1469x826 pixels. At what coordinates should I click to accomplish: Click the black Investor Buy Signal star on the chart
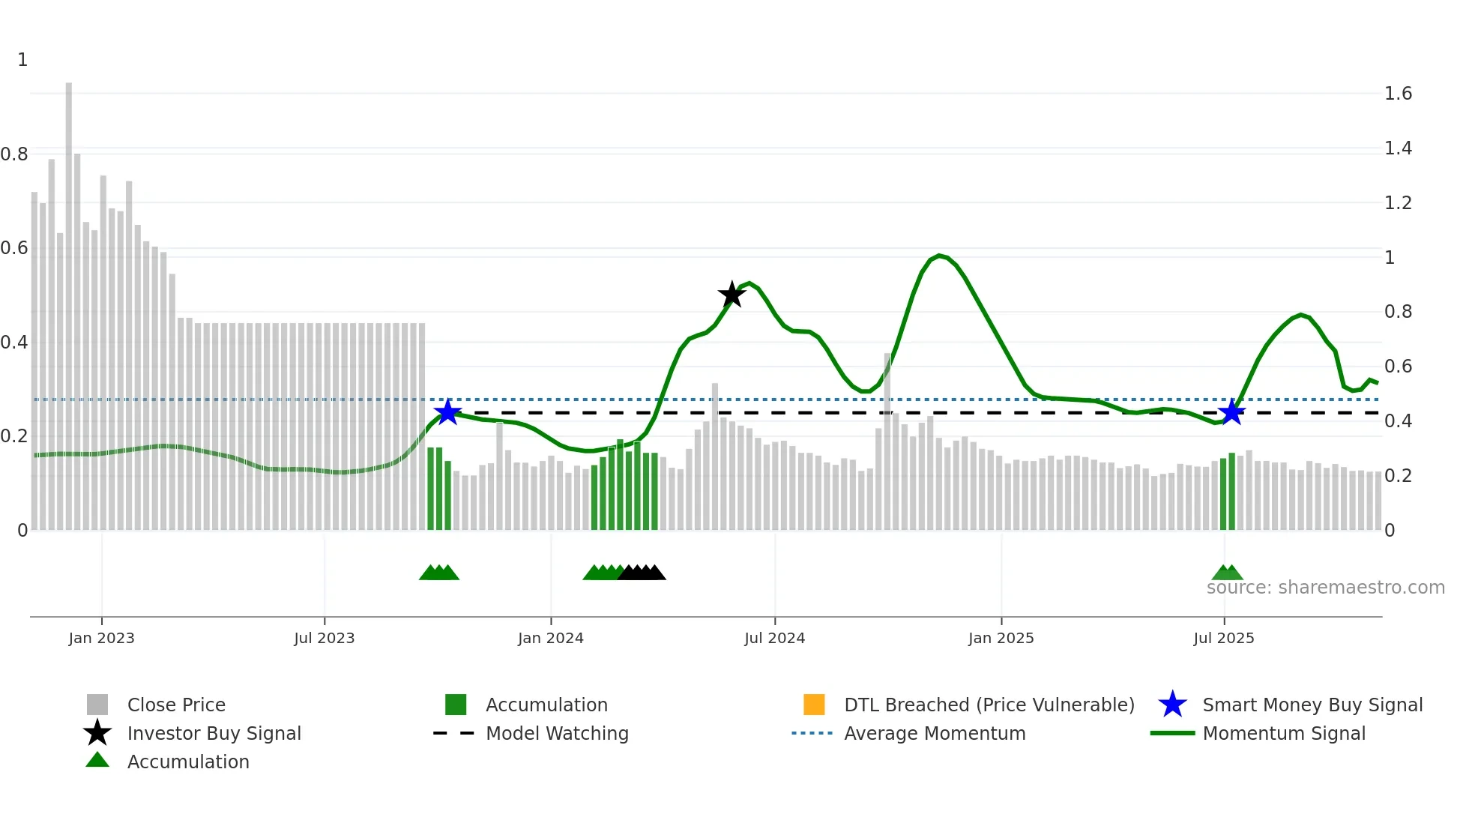732,295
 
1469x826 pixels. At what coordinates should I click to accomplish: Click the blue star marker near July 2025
1231,412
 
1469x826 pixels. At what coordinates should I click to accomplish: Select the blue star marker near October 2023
447,412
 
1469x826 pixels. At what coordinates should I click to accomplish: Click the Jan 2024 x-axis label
550,638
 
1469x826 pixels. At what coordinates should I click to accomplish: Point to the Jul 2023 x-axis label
324,638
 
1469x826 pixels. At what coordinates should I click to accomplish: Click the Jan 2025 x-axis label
1001,638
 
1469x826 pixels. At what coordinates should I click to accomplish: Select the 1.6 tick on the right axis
1398,94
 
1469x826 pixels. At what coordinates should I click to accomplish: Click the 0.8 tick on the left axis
15,154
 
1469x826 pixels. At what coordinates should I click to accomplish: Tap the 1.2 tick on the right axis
1398,203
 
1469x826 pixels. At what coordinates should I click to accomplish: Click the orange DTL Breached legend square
814,705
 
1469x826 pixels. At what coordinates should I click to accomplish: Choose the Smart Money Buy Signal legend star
1172,705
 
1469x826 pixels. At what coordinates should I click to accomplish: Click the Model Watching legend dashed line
454,733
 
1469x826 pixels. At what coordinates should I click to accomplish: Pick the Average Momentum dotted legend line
812,733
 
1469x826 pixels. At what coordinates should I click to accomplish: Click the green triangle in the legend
97,761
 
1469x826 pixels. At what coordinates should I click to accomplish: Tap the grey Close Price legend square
97,705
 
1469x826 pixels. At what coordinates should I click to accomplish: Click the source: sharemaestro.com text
1325,588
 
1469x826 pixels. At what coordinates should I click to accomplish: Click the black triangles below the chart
642,573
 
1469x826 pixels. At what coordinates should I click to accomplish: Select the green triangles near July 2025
1227,573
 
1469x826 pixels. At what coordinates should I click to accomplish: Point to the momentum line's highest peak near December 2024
939,256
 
